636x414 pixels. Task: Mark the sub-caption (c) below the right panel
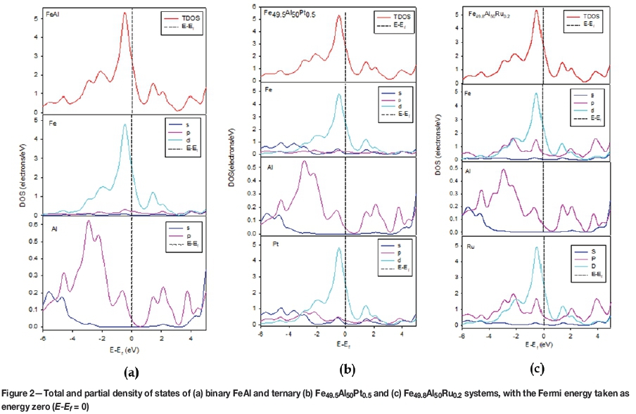[536, 367]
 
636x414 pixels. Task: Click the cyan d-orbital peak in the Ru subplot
[536, 247]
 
